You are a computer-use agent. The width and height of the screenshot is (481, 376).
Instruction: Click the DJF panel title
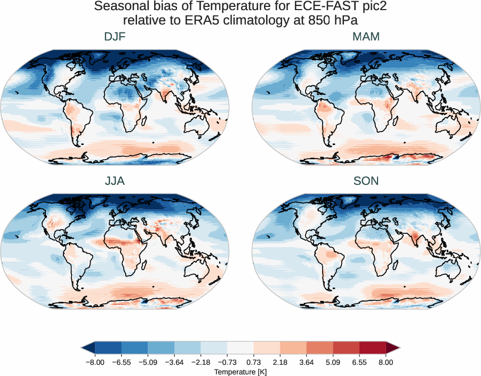click(115, 37)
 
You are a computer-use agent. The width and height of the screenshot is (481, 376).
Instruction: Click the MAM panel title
click(366, 37)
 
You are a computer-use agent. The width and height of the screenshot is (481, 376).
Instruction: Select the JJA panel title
click(115, 181)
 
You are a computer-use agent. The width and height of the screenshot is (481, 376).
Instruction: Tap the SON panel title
click(366, 181)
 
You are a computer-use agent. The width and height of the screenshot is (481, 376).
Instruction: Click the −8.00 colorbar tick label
click(95, 362)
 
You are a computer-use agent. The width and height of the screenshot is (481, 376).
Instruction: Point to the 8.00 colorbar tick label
click(386, 362)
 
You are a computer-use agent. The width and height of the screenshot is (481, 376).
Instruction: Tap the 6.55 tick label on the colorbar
click(359, 362)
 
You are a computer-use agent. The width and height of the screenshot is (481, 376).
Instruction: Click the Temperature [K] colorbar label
click(240, 371)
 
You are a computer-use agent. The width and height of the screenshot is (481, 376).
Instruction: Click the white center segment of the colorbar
click(240, 348)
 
